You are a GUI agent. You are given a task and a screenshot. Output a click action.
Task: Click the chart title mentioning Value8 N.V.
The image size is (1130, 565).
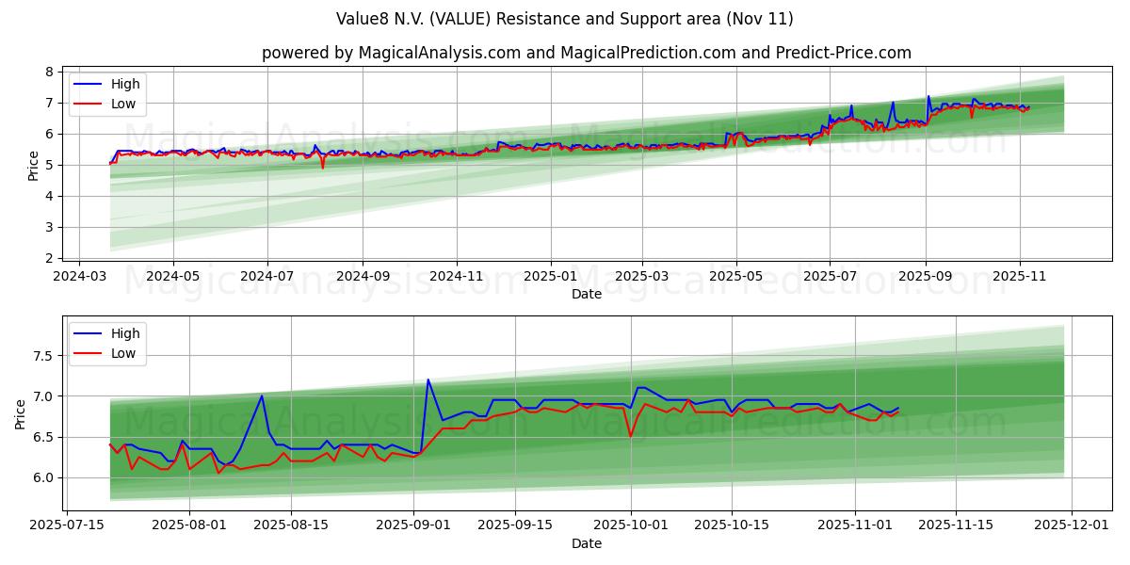[x=564, y=19]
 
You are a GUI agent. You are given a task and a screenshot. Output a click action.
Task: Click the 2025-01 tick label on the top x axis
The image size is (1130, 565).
[x=549, y=277]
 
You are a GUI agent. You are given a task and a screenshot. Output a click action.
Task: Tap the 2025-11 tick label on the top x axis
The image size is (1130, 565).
[x=1020, y=277]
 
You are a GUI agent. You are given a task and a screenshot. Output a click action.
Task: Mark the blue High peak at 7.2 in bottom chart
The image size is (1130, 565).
[x=428, y=379]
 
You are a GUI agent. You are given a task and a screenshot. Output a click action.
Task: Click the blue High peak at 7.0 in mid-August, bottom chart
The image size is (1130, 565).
[x=262, y=395]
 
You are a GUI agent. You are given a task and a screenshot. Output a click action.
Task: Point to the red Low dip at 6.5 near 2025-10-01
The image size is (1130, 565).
[x=631, y=437]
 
